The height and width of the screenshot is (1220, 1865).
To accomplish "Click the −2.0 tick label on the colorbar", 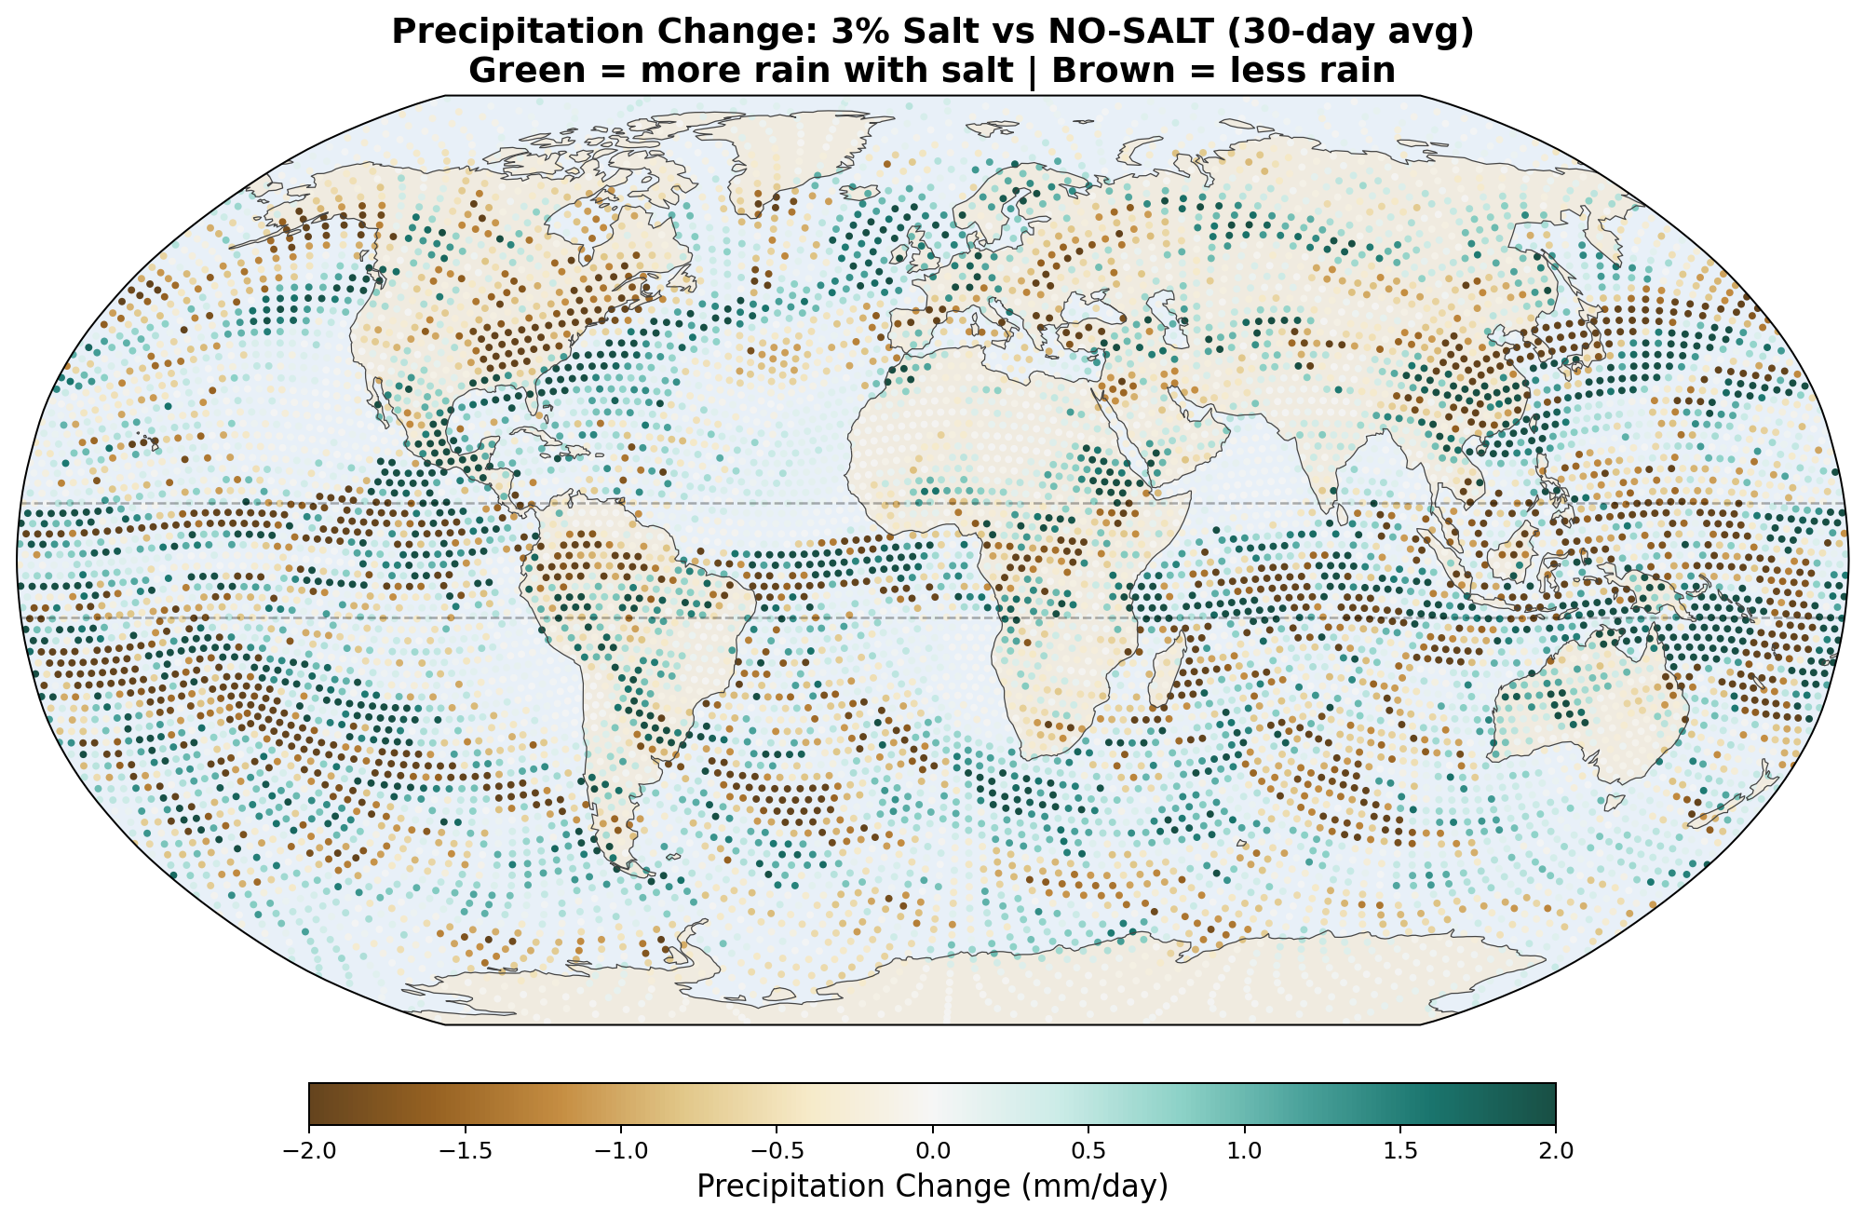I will pyautogui.click(x=308, y=1151).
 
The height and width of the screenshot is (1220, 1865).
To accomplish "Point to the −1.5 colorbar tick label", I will pyautogui.click(x=464, y=1151).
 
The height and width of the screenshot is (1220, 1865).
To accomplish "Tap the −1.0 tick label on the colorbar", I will pyautogui.click(x=620, y=1151).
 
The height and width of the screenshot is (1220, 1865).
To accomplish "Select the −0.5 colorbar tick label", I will pyautogui.click(x=776, y=1151).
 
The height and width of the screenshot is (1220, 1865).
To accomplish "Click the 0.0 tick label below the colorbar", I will pyautogui.click(x=932, y=1151).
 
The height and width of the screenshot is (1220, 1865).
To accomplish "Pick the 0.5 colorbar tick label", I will pyautogui.click(x=1088, y=1151).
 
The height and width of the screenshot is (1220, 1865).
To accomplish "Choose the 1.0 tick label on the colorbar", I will pyautogui.click(x=1244, y=1151).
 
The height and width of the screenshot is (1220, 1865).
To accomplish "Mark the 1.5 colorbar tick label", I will pyautogui.click(x=1399, y=1151).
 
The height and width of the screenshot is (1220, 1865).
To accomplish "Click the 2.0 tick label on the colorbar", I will pyautogui.click(x=1556, y=1151).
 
